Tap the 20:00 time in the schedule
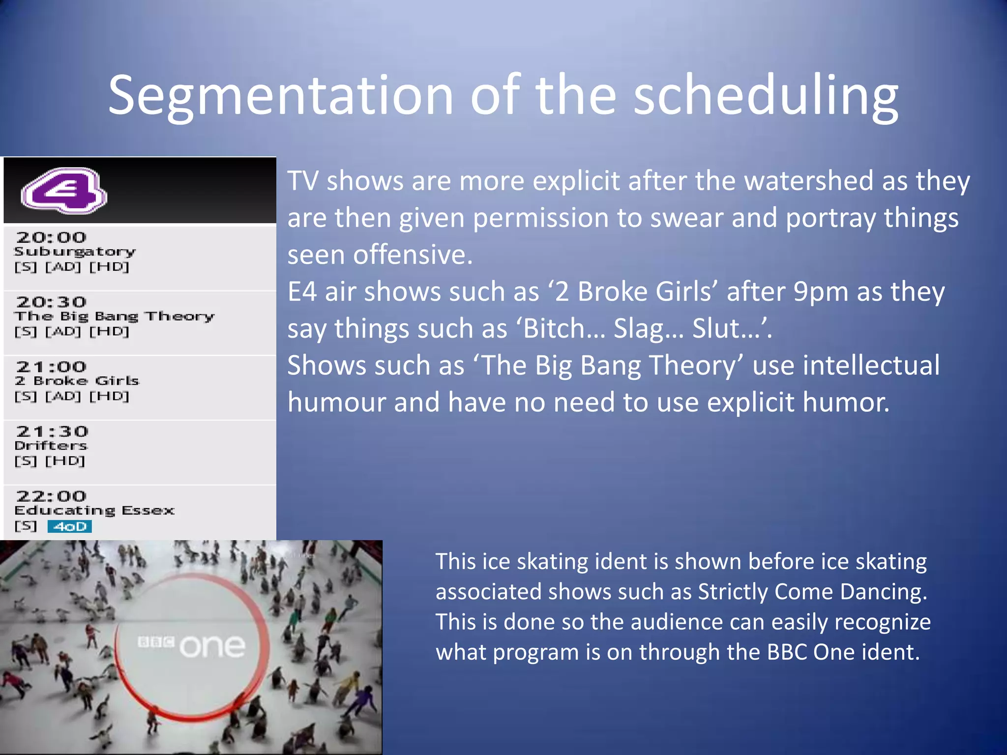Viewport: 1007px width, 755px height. [51, 237]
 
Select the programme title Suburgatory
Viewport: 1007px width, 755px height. [75, 252]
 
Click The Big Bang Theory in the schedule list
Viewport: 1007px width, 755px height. [114, 316]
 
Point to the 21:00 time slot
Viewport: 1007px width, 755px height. [51, 367]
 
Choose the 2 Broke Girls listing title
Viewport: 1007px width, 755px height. [77, 381]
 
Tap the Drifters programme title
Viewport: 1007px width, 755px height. [51, 446]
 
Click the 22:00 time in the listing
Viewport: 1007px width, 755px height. [51, 496]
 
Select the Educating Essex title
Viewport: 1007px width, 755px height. [94, 511]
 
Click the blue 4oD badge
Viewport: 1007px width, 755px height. [70, 526]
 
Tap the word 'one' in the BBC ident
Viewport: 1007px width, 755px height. [212, 646]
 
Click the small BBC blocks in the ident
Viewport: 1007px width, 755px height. [156, 641]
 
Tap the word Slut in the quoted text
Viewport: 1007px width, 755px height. [716, 328]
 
